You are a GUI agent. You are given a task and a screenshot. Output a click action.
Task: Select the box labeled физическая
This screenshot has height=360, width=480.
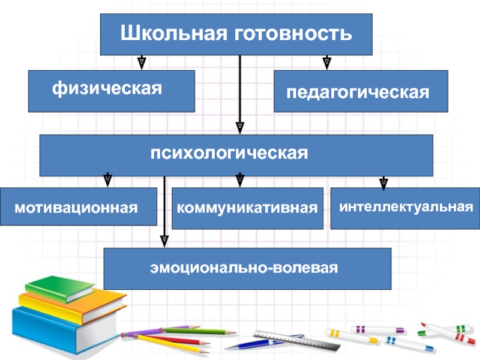click(111, 91)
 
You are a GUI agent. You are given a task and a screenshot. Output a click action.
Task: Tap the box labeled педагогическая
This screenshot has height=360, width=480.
click(361, 91)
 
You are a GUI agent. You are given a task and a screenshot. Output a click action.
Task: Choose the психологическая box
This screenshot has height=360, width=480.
click(236, 155)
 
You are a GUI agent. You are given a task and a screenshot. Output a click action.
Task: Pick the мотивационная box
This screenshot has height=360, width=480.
click(78, 206)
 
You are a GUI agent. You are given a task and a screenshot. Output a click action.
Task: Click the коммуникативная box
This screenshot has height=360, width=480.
click(247, 208)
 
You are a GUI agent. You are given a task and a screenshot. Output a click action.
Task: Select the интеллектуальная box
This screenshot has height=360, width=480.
click(405, 208)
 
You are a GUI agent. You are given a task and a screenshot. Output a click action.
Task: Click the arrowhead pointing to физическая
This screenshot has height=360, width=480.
click(142, 62)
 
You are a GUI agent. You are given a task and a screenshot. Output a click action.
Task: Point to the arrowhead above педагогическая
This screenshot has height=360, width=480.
click(327, 62)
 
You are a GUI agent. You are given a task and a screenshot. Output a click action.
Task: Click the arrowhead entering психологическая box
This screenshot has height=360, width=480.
click(239, 127)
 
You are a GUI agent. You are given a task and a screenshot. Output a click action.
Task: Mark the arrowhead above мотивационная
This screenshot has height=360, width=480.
click(107, 179)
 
